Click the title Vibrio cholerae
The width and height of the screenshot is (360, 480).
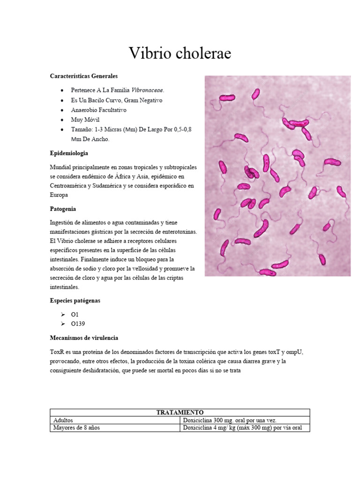[x=180, y=54]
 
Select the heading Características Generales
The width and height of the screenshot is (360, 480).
[x=83, y=76]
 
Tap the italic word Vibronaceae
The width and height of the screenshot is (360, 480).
[x=148, y=90]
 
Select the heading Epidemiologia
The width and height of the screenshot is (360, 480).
[x=69, y=153]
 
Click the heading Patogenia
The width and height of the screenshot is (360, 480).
[x=63, y=209]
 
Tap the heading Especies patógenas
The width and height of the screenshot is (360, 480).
[x=75, y=300]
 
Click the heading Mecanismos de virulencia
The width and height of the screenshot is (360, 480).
[x=84, y=337]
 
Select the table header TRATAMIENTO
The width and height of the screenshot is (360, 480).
[x=180, y=412]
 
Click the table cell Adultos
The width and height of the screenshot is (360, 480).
[x=63, y=420]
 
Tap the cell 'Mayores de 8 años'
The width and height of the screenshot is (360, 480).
[x=76, y=428]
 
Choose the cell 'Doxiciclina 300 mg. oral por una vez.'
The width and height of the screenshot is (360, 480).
[x=233, y=420]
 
